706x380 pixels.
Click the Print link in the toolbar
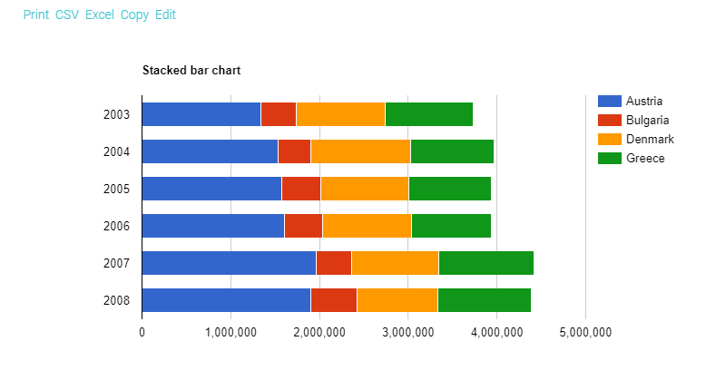(x=36, y=15)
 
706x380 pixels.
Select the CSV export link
(x=66, y=15)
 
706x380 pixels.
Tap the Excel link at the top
(x=99, y=15)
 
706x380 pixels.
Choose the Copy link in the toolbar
(x=134, y=15)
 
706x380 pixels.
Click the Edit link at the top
(x=165, y=15)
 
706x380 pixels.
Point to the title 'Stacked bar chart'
(x=191, y=70)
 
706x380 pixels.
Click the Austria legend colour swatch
(x=609, y=101)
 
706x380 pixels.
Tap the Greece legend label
(x=645, y=158)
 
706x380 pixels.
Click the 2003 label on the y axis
(x=116, y=114)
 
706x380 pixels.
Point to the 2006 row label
(x=116, y=226)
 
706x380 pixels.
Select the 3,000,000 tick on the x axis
(x=407, y=332)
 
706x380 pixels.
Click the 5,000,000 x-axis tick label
(x=584, y=332)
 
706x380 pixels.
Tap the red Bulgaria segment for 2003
(x=278, y=114)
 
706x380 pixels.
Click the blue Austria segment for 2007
(x=229, y=263)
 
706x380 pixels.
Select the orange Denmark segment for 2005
(x=364, y=189)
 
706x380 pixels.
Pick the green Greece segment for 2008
(x=484, y=300)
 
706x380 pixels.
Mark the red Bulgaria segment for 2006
(x=303, y=226)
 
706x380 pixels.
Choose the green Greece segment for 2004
(x=452, y=151)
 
